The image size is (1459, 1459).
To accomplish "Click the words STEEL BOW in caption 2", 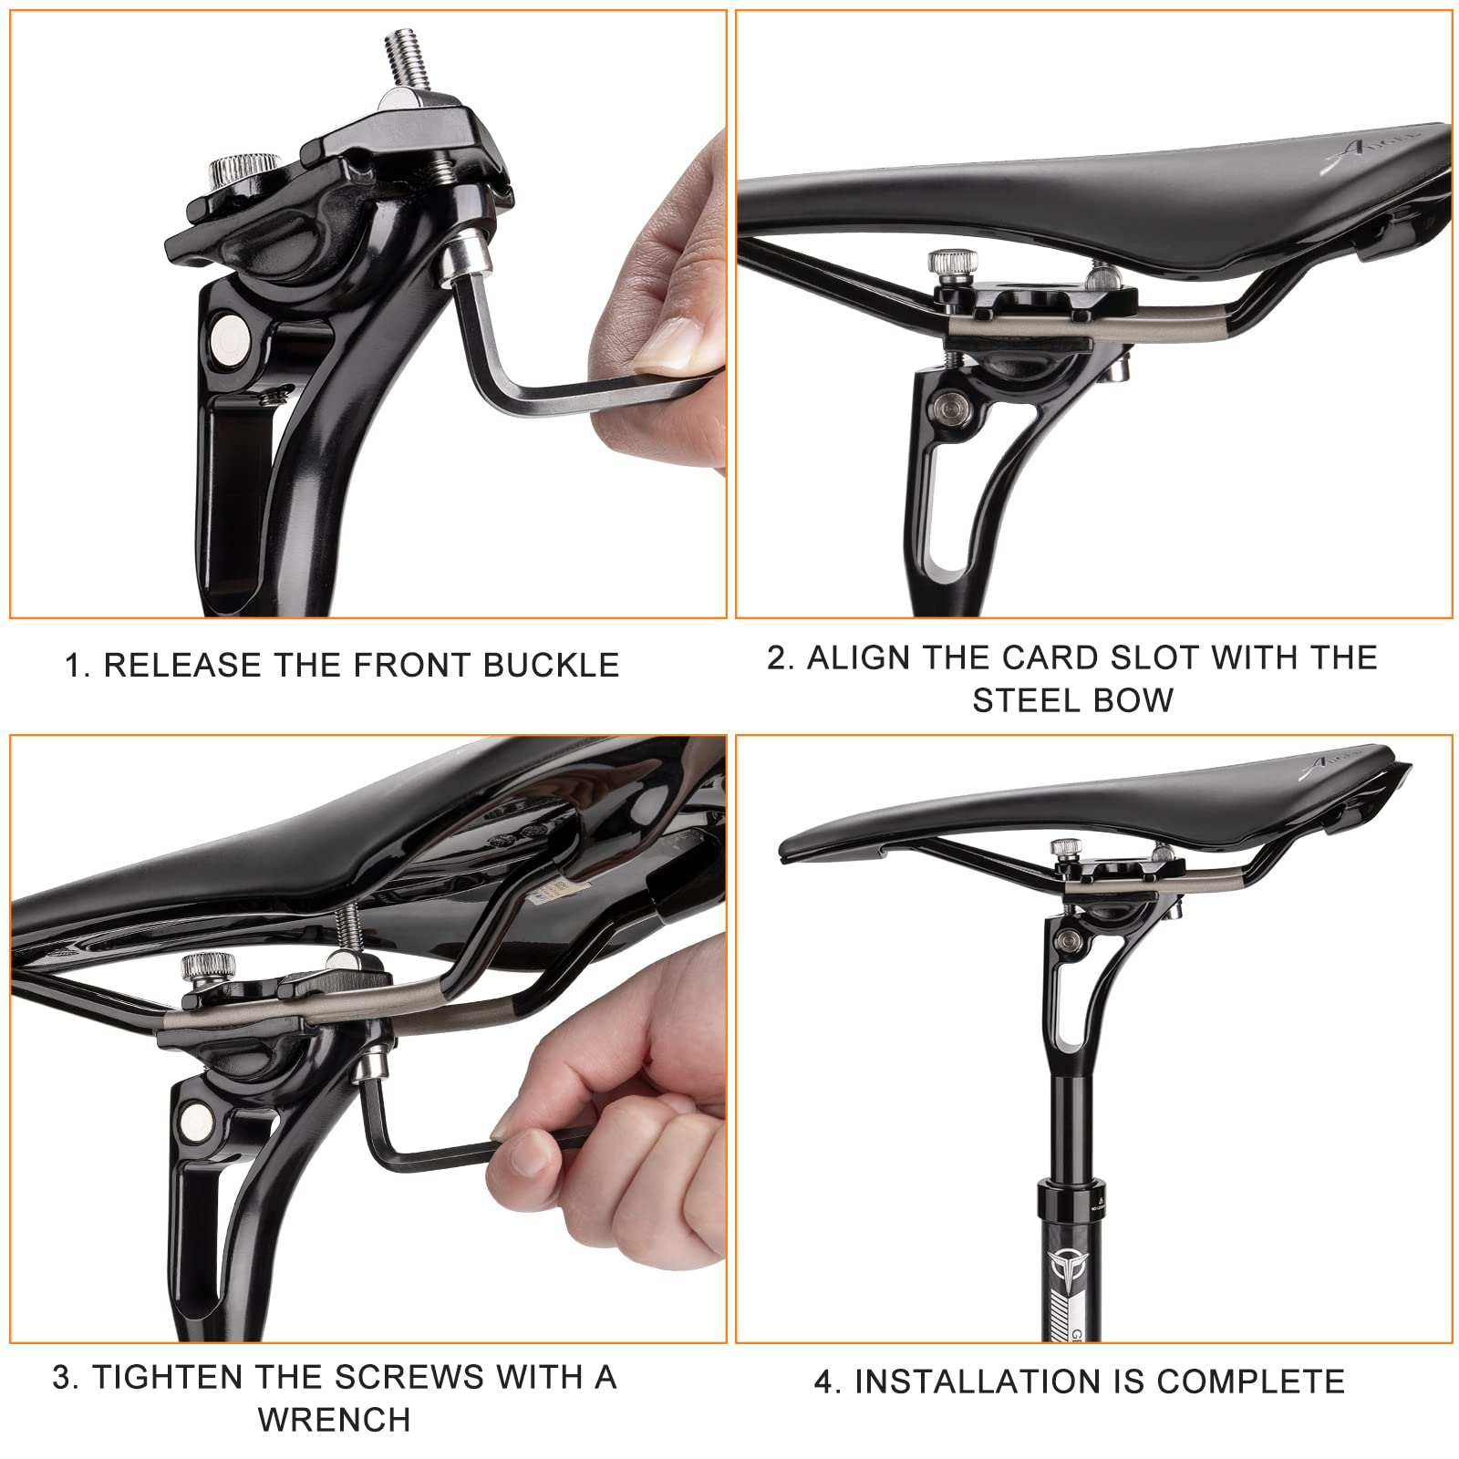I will tap(1072, 700).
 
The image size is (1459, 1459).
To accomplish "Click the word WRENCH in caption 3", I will tap(334, 1420).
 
